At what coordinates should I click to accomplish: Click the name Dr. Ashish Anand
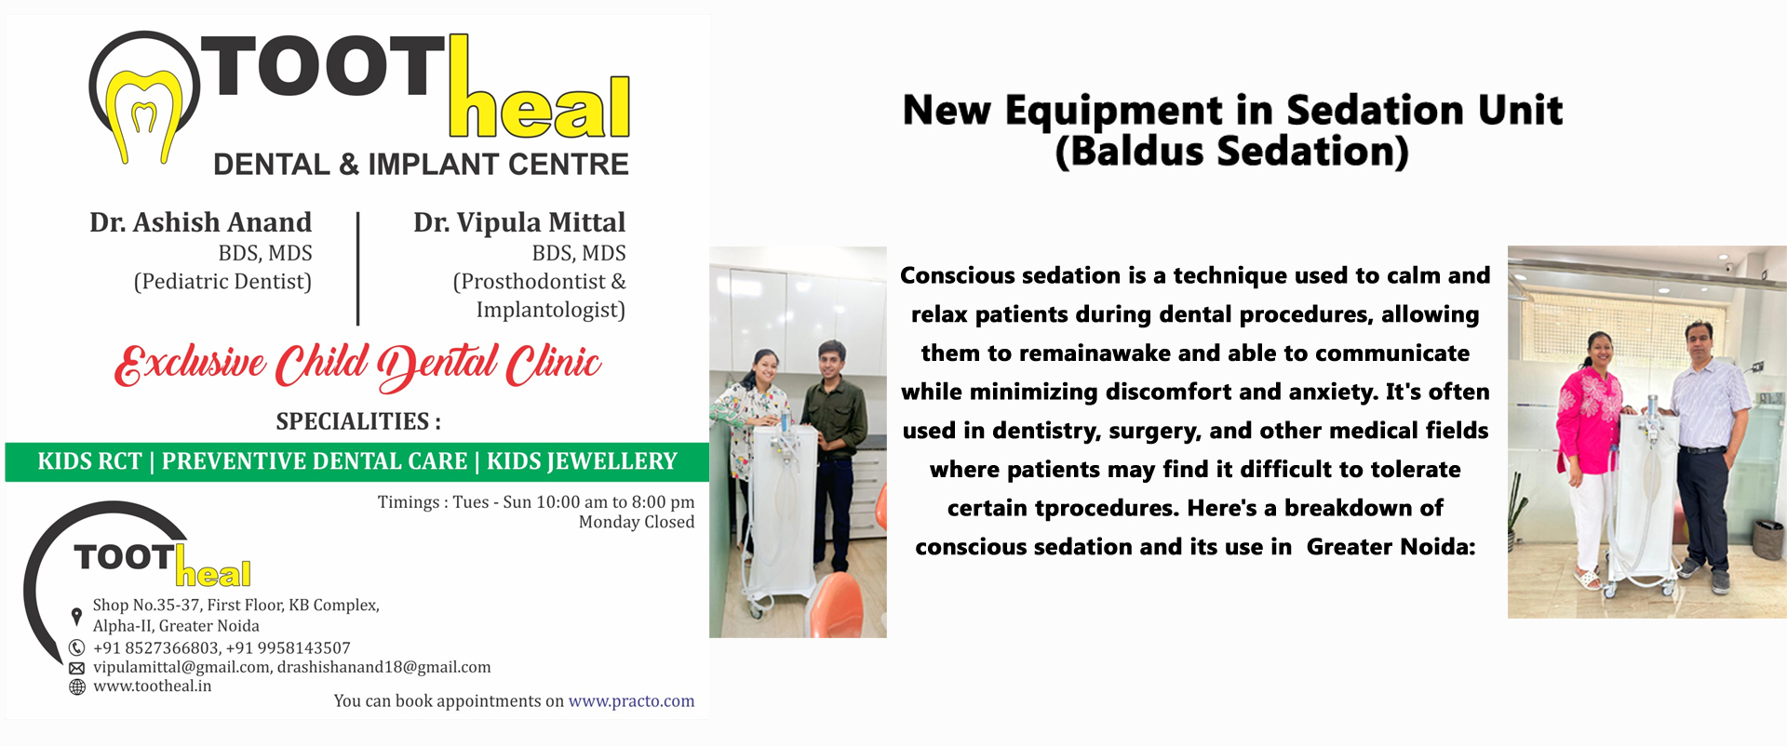coord(201,222)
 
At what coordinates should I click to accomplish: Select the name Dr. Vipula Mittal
coord(519,222)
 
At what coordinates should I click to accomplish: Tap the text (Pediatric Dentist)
coord(222,281)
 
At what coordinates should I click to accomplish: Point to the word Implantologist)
coord(551,310)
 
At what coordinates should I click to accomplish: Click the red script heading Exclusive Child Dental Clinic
coord(358,365)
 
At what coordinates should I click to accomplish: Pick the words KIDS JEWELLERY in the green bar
coord(582,461)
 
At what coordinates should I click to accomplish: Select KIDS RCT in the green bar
coord(90,461)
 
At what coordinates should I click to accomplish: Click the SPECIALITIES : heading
coord(358,421)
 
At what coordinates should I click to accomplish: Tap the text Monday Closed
coord(637,522)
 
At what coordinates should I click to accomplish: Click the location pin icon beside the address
coord(76,617)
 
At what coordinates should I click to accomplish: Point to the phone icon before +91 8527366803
coord(77,647)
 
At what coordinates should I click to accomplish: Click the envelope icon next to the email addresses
coord(77,668)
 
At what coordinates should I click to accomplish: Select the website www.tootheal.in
coord(153,686)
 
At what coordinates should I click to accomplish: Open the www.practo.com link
coord(631,701)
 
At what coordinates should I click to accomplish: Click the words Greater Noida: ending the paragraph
coord(1391,547)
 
